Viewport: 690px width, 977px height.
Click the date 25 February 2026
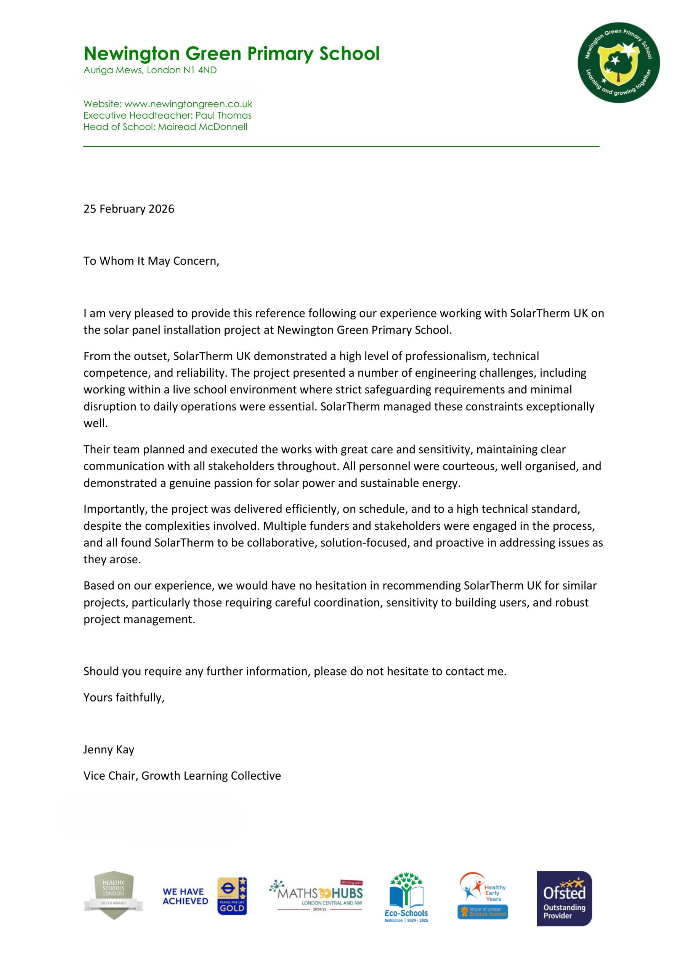coord(129,209)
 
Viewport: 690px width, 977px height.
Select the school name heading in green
coord(231,53)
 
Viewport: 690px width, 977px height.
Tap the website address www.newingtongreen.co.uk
coord(188,104)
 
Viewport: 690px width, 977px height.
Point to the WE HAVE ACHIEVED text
coord(185,896)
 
